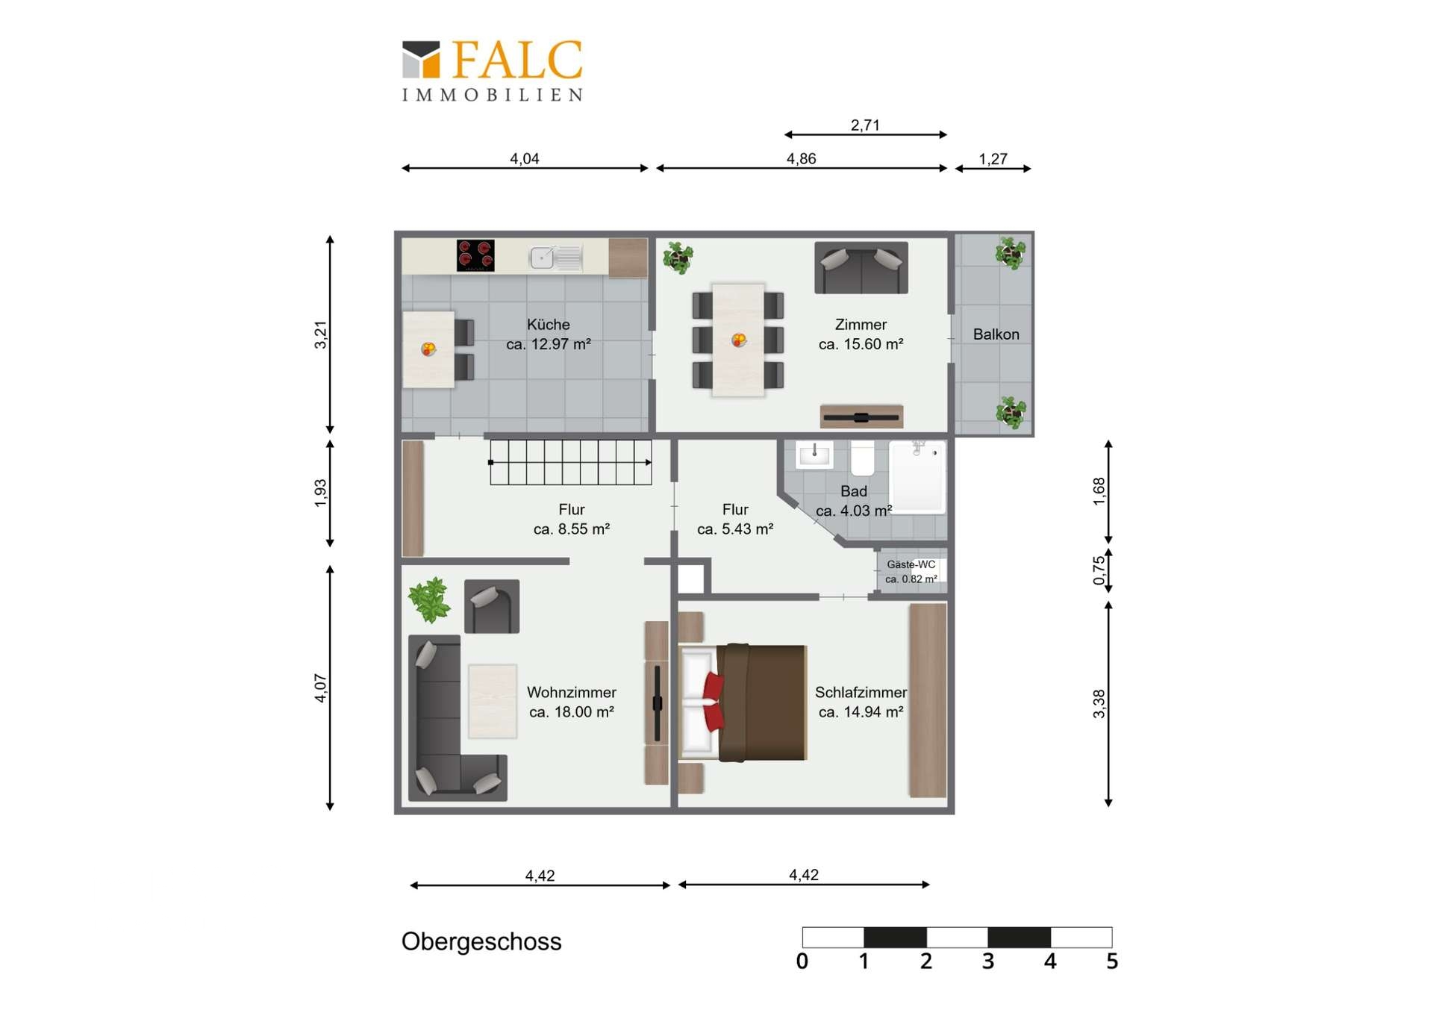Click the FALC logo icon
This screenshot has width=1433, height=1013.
point(421,59)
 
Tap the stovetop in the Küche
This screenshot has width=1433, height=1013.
point(475,255)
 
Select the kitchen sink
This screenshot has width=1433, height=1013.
point(556,258)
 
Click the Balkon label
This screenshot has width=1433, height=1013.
point(996,334)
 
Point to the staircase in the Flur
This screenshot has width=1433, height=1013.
point(571,462)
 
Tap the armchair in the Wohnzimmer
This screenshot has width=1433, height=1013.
point(492,606)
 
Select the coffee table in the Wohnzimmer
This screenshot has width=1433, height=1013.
point(493,701)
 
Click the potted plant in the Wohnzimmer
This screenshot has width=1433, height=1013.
point(429,599)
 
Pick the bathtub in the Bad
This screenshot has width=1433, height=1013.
point(918,476)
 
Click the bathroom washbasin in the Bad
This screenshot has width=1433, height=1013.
point(814,455)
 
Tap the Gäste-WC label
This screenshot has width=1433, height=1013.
point(911,564)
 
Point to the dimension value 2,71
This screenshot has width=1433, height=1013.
point(865,125)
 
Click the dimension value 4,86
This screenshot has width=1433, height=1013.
point(801,159)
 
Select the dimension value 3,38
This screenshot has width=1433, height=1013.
point(1099,704)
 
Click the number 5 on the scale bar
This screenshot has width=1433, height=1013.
point(1112,961)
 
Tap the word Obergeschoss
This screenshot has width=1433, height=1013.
point(481,942)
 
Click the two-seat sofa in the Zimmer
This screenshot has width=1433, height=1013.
point(861,267)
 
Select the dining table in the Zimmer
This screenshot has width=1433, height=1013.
point(738,340)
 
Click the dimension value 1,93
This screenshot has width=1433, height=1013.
point(320,493)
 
